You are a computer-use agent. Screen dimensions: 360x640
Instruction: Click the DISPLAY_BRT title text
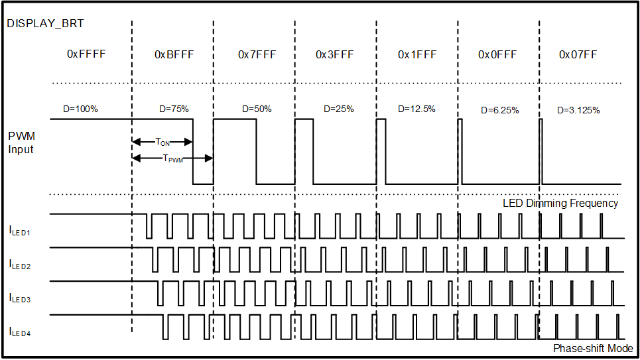click(45, 24)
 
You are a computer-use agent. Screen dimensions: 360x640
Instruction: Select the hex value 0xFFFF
click(86, 54)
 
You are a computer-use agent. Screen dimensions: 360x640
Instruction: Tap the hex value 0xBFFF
click(174, 54)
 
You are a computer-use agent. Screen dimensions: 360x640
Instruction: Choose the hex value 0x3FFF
click(335, 54)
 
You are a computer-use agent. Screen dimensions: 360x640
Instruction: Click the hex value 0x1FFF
click(417, 54)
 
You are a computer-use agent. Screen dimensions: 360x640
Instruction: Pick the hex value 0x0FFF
click(498, 54)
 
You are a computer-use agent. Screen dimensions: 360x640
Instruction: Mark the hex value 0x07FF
click(578, 54)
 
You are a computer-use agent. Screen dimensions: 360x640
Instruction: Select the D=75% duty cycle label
click(174, 109)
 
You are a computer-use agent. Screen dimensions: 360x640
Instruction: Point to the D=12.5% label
click(417, 109)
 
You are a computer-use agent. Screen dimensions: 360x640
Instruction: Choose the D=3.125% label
click(578, 110)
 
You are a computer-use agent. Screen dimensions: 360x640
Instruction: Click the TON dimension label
click(162, 142)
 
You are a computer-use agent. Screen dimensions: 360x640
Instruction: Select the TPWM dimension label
click(173, 158)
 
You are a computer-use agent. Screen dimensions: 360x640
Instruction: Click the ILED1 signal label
click(20, 231)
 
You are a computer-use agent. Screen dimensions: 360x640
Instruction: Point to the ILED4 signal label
click(20, 331)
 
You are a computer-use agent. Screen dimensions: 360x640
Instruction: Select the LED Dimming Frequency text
click(560, 204)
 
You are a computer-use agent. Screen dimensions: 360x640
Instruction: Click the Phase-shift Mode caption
click(592, 349)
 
